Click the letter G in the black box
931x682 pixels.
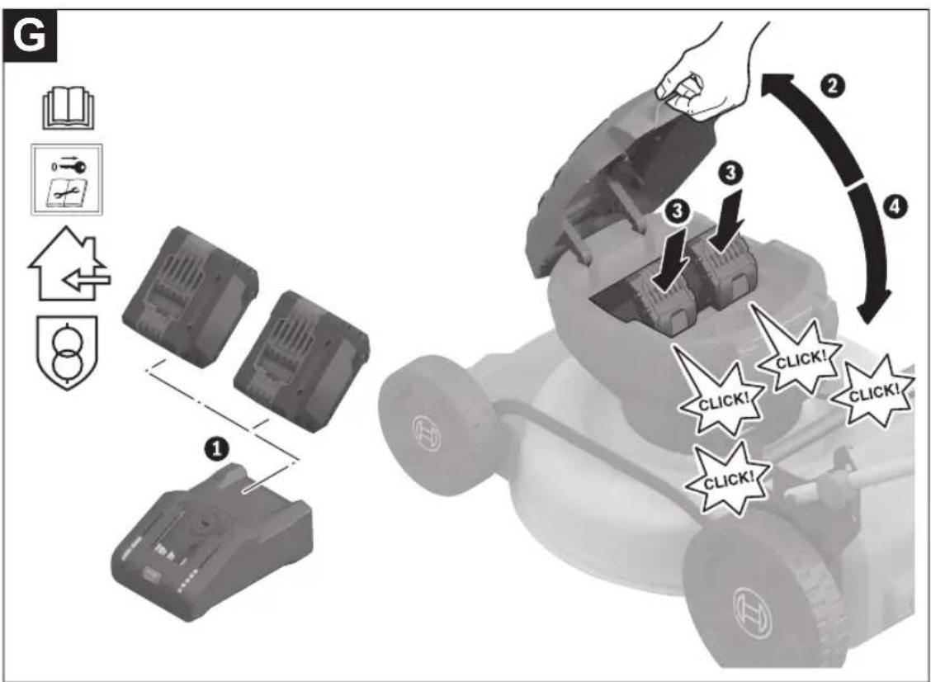pos(29,37)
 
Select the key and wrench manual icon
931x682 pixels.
pos(67,179)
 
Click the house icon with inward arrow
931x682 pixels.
pos(69,263)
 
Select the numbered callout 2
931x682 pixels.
pos(833,86)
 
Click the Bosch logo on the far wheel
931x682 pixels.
pos(423,438)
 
